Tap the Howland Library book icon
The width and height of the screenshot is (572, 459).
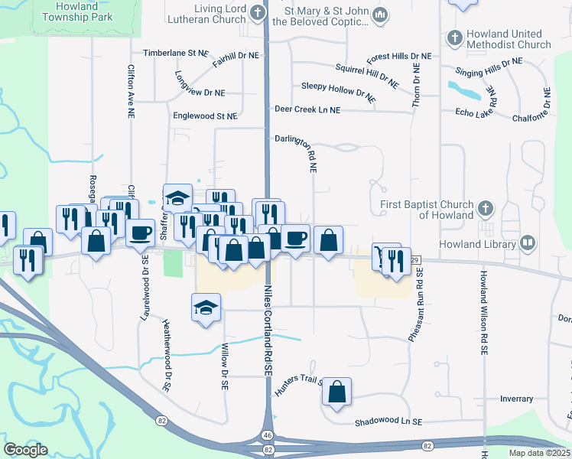(x=527, y=243)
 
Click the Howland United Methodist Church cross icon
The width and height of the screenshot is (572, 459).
(x=454, y=37)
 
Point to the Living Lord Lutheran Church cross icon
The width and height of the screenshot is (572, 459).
(x=258, y=12)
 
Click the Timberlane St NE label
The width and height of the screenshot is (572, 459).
(x=175, y=54)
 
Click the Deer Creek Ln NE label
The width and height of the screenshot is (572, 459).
(x=307, y=110)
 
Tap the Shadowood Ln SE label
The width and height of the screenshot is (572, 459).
(x=388, y=422)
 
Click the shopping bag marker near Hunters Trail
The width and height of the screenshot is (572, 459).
(x=336, y=392)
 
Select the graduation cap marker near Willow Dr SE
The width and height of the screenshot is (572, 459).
(x=205, y=308)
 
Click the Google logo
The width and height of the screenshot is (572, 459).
(x=25, y=450)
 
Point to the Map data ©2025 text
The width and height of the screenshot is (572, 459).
(x=539, y=453)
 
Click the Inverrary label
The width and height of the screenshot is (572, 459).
(x=516, y=399)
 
